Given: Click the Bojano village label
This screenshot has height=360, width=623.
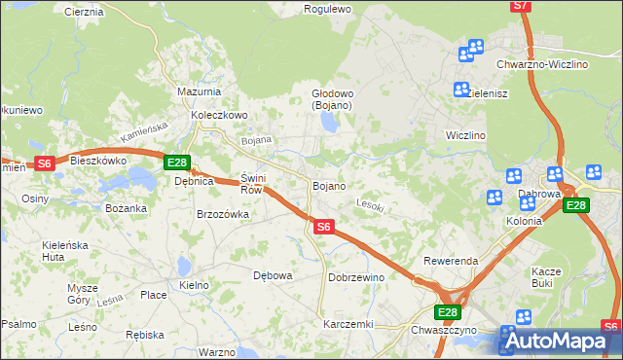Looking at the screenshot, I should pyautogui.click(x=328, y=185).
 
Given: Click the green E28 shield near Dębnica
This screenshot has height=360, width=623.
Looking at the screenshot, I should pyautogui.click(x=176, y=163).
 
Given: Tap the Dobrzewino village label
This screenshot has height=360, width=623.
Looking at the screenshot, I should pyautogui.click(x=356, y=277).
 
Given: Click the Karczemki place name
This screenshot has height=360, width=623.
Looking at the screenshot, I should pyautogui.click(x=348, y=323).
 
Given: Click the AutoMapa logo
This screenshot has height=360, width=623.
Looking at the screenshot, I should pyautogui.click(x=559, y=342).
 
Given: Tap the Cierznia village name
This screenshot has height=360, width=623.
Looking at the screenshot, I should pyautogui.click(x=84, y=12).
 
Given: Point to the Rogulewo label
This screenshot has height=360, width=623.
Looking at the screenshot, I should pyautogui.click(x=327, y=9).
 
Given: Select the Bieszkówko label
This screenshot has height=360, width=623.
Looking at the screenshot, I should pyautogui.click(x=99, y=160).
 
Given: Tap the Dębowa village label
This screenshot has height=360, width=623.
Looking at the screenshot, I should pyautogui.click(x=273, y=275).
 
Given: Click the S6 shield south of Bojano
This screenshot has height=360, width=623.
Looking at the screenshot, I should pyautogui.click(x=324, y=227).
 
